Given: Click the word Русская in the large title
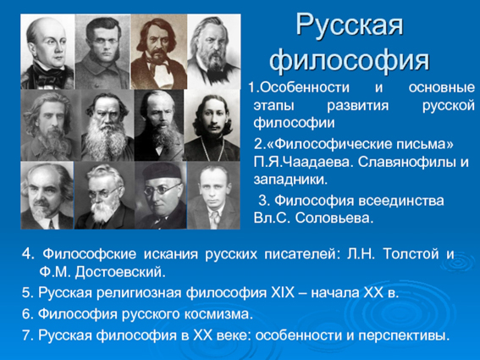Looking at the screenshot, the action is (x=350, y=25).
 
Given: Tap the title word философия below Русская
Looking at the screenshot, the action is (x=350, y=61).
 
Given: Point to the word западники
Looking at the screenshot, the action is (x=290, y=180).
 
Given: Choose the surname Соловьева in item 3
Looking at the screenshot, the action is (x=334, y=219).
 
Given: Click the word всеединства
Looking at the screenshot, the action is (x=400, y=201).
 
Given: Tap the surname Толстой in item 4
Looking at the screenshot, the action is (x=411, y=254).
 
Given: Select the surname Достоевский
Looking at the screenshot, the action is (x=120, y=272).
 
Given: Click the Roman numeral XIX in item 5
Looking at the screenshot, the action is (x=283, y=293).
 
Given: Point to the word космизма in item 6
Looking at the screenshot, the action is (x=219, y=314).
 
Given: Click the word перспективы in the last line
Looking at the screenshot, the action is (x=404, y=335).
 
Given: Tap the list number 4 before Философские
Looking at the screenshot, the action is (x=26, y=254).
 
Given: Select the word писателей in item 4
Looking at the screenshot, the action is (x=302, y=254).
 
